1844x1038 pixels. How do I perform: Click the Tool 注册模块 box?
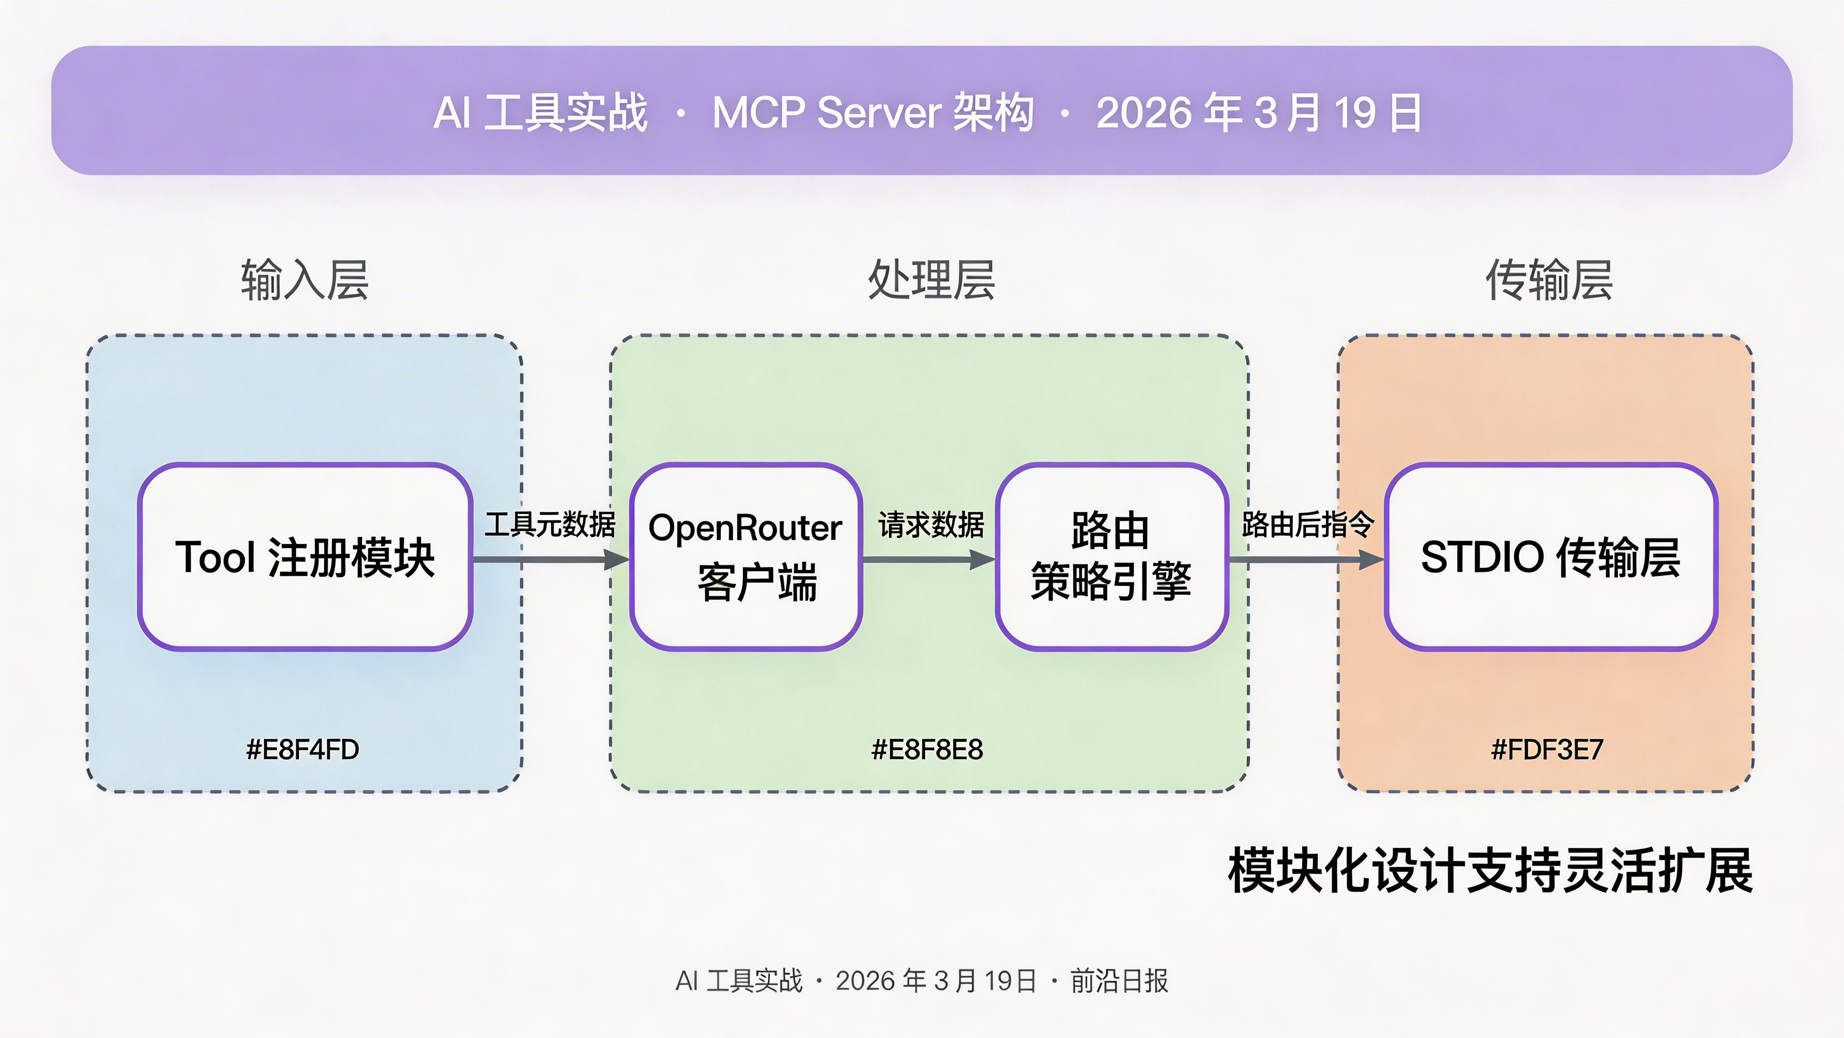point(305,557)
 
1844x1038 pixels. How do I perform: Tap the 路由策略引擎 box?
point(1112,557)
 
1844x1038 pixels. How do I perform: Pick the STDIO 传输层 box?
point(1550,557)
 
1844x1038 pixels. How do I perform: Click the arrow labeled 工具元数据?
point(550,559)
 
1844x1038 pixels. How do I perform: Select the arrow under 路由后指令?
point(1306,559)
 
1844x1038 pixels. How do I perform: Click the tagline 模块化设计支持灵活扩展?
point(1491,870)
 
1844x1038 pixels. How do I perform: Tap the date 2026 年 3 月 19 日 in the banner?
point(1258,113)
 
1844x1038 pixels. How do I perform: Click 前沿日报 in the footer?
point(1119,981)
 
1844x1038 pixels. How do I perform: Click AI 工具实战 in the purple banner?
point(540,113)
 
